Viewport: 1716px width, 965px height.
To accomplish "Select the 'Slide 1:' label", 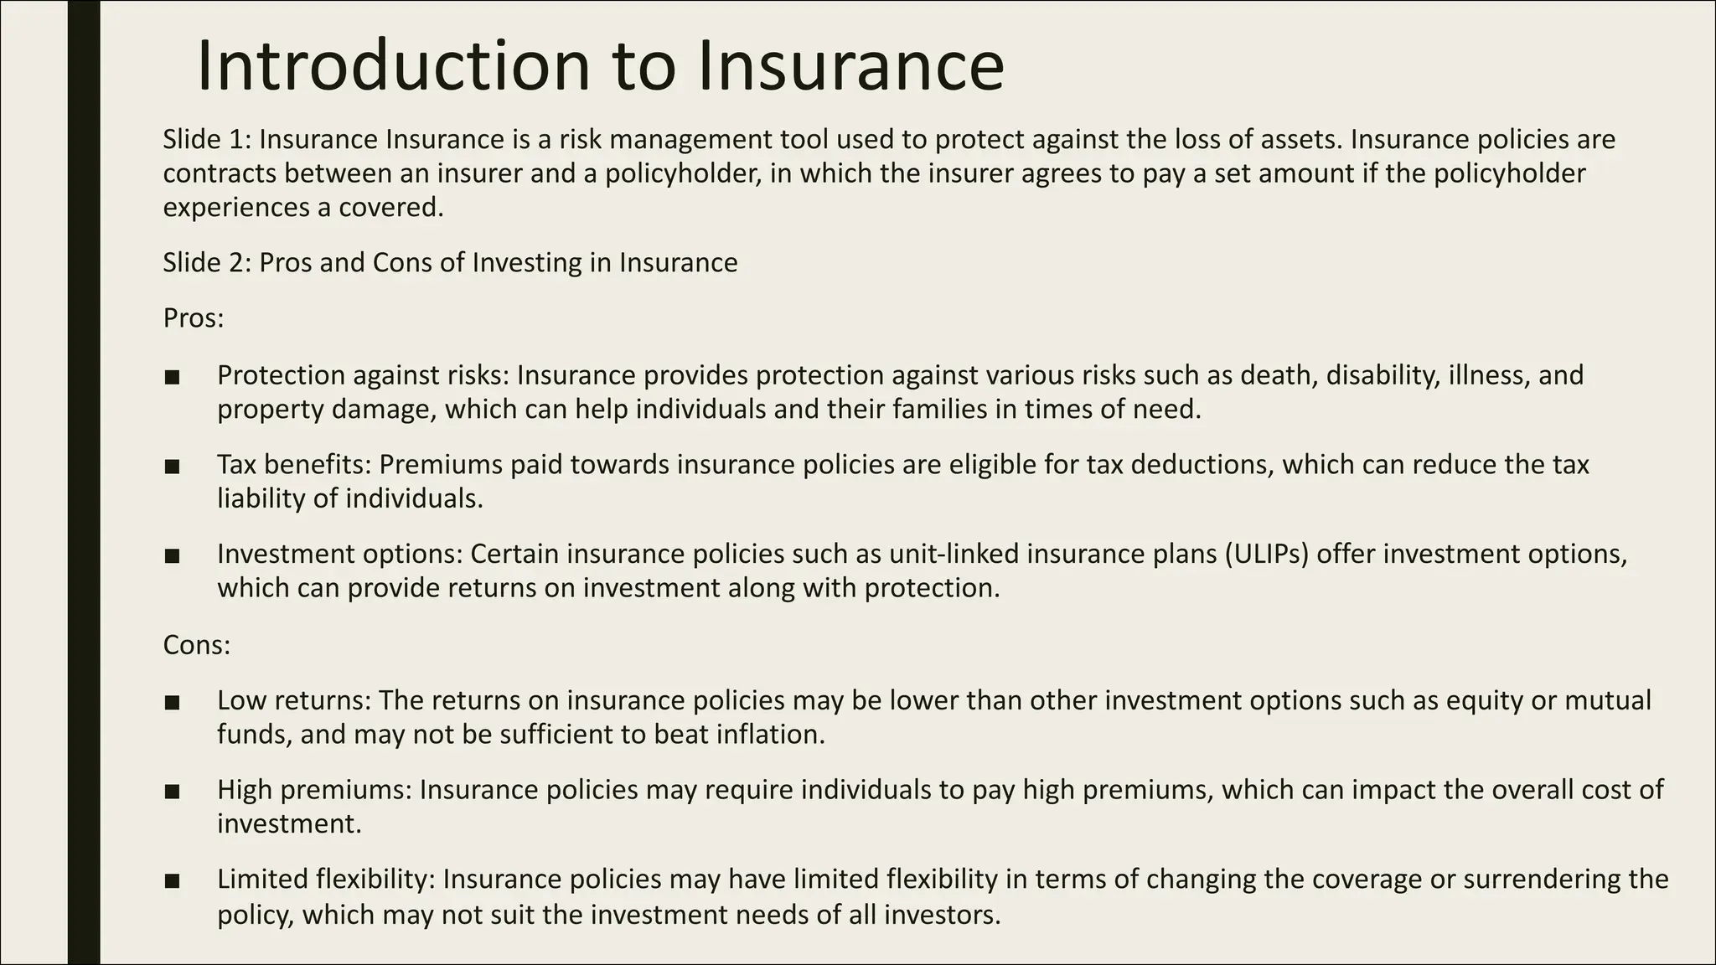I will point(206,139).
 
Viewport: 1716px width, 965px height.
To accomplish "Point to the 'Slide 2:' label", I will point(206,263).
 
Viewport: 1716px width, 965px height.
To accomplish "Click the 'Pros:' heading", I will point(194,319).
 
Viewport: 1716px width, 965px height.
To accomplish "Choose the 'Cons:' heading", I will point(196,645).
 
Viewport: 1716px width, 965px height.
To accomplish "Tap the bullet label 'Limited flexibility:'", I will point(326,880).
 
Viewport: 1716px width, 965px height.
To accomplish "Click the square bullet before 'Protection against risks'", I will point(173,377).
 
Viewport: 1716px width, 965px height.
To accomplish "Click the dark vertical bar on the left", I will point(84,482).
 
